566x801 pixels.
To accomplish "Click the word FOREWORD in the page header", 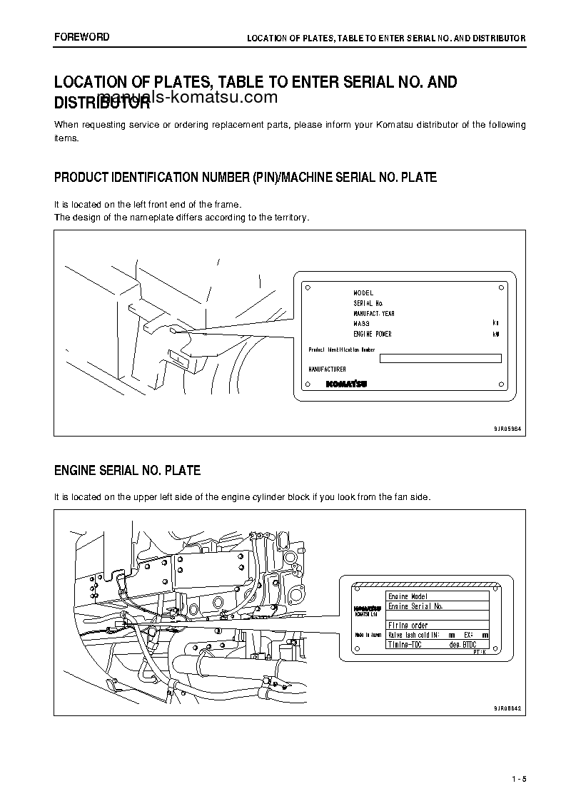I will point(81,37).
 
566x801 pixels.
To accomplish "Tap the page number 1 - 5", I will point(518,777).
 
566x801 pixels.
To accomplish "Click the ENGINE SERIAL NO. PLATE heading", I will point(127,471).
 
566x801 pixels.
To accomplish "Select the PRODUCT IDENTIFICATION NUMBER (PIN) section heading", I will point(245,177).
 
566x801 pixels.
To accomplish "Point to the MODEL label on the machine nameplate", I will point(363,293).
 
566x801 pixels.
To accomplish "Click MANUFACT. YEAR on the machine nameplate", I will point(374,314).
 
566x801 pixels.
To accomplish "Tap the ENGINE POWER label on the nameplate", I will point(373,334).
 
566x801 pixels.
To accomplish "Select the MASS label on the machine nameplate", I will point(361,324).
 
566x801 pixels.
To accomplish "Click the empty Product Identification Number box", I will point(440,359).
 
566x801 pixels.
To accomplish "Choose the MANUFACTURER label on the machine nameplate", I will point(327,369).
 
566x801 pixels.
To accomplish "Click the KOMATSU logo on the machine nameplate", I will point(347,384).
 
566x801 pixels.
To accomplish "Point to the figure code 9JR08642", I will point(507,708).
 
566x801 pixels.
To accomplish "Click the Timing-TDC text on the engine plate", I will point(405,644).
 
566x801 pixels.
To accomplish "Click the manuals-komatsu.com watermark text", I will point(187,98).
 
